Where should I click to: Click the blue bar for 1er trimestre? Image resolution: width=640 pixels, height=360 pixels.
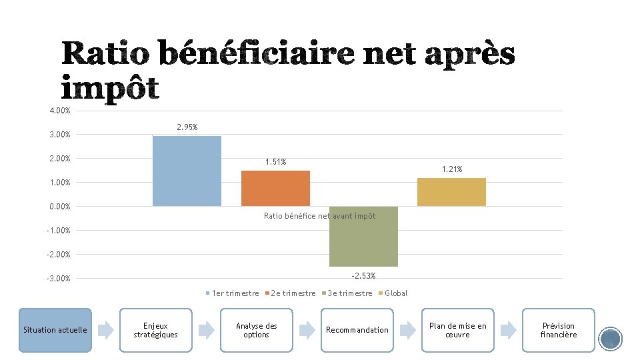187,171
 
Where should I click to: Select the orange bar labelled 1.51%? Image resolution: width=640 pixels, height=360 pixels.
275,188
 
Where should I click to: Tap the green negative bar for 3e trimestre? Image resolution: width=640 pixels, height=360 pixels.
363,237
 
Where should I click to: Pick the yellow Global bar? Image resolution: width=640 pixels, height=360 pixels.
451,192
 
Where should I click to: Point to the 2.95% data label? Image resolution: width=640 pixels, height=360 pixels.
187,127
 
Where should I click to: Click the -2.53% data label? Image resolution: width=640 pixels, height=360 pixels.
364,275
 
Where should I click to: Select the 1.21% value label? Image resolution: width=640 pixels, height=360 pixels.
452,169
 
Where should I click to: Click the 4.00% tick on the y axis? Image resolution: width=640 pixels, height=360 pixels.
60,111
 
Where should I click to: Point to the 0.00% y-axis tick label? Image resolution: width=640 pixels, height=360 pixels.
60,207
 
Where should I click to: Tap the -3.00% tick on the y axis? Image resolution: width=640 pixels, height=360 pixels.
59,279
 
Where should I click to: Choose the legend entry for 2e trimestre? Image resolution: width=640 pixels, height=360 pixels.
292,293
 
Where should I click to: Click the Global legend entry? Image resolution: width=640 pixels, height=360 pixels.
395,293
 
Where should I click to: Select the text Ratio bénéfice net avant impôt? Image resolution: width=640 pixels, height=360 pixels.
319,216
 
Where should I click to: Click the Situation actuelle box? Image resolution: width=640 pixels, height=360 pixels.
55,330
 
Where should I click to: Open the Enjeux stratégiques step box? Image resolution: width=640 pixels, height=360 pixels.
155,330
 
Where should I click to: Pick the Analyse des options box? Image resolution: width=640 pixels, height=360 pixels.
256,330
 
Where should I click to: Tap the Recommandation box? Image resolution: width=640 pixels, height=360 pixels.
357,330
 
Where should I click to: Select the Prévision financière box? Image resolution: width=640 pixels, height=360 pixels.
558,330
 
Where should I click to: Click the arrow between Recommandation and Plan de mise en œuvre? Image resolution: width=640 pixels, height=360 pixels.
407,329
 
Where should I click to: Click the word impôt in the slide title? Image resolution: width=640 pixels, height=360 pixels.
110,88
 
